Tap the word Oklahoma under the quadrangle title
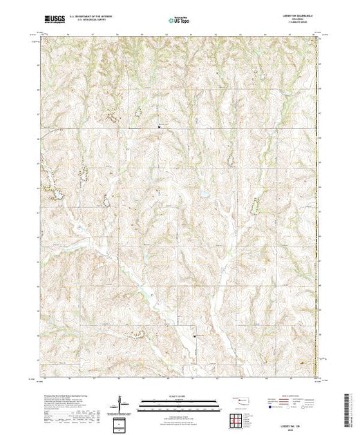click(303, 19)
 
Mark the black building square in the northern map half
click(160, 126)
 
